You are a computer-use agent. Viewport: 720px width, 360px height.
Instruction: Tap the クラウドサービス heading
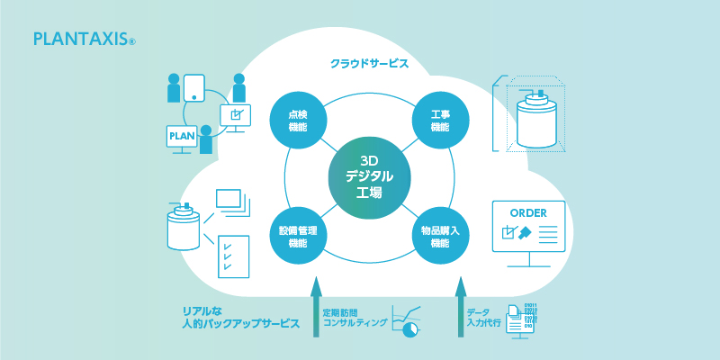(369, 64)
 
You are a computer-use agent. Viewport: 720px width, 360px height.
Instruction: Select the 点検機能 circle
(298, 121)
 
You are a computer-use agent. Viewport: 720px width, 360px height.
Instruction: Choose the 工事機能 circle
(440, 121)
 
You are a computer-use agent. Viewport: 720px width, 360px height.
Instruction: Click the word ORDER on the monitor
(528, 213)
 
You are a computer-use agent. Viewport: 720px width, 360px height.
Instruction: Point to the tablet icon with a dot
(193, 87)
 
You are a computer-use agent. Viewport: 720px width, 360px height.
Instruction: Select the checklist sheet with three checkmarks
(234, 256)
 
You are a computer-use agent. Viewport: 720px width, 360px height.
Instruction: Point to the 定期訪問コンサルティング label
(355, 318)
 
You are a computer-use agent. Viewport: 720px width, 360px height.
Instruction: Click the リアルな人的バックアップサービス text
(241, 318)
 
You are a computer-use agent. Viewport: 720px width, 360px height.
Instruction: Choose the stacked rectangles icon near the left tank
(234, 202)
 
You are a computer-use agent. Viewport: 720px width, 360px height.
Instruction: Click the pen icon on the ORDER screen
(525, 233)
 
